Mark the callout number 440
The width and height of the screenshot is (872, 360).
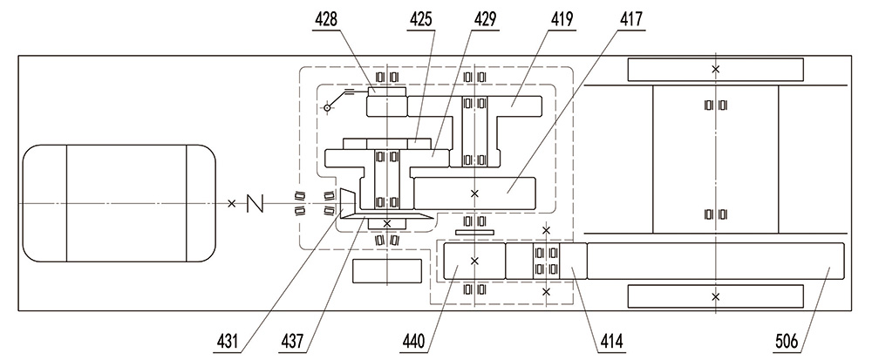tap(413, 341)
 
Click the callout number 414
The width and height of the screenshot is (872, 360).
tap(611, 341)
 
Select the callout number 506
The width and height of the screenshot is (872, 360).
tap(787, 341)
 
